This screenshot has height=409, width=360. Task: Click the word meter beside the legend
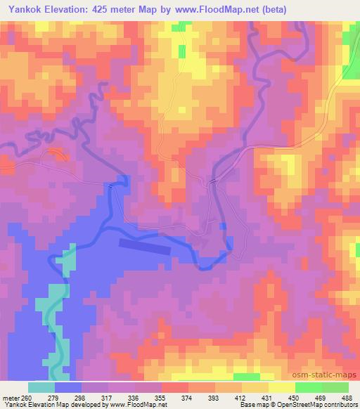pos(12,398)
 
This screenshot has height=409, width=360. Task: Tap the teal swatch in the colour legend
pos(41,387)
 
